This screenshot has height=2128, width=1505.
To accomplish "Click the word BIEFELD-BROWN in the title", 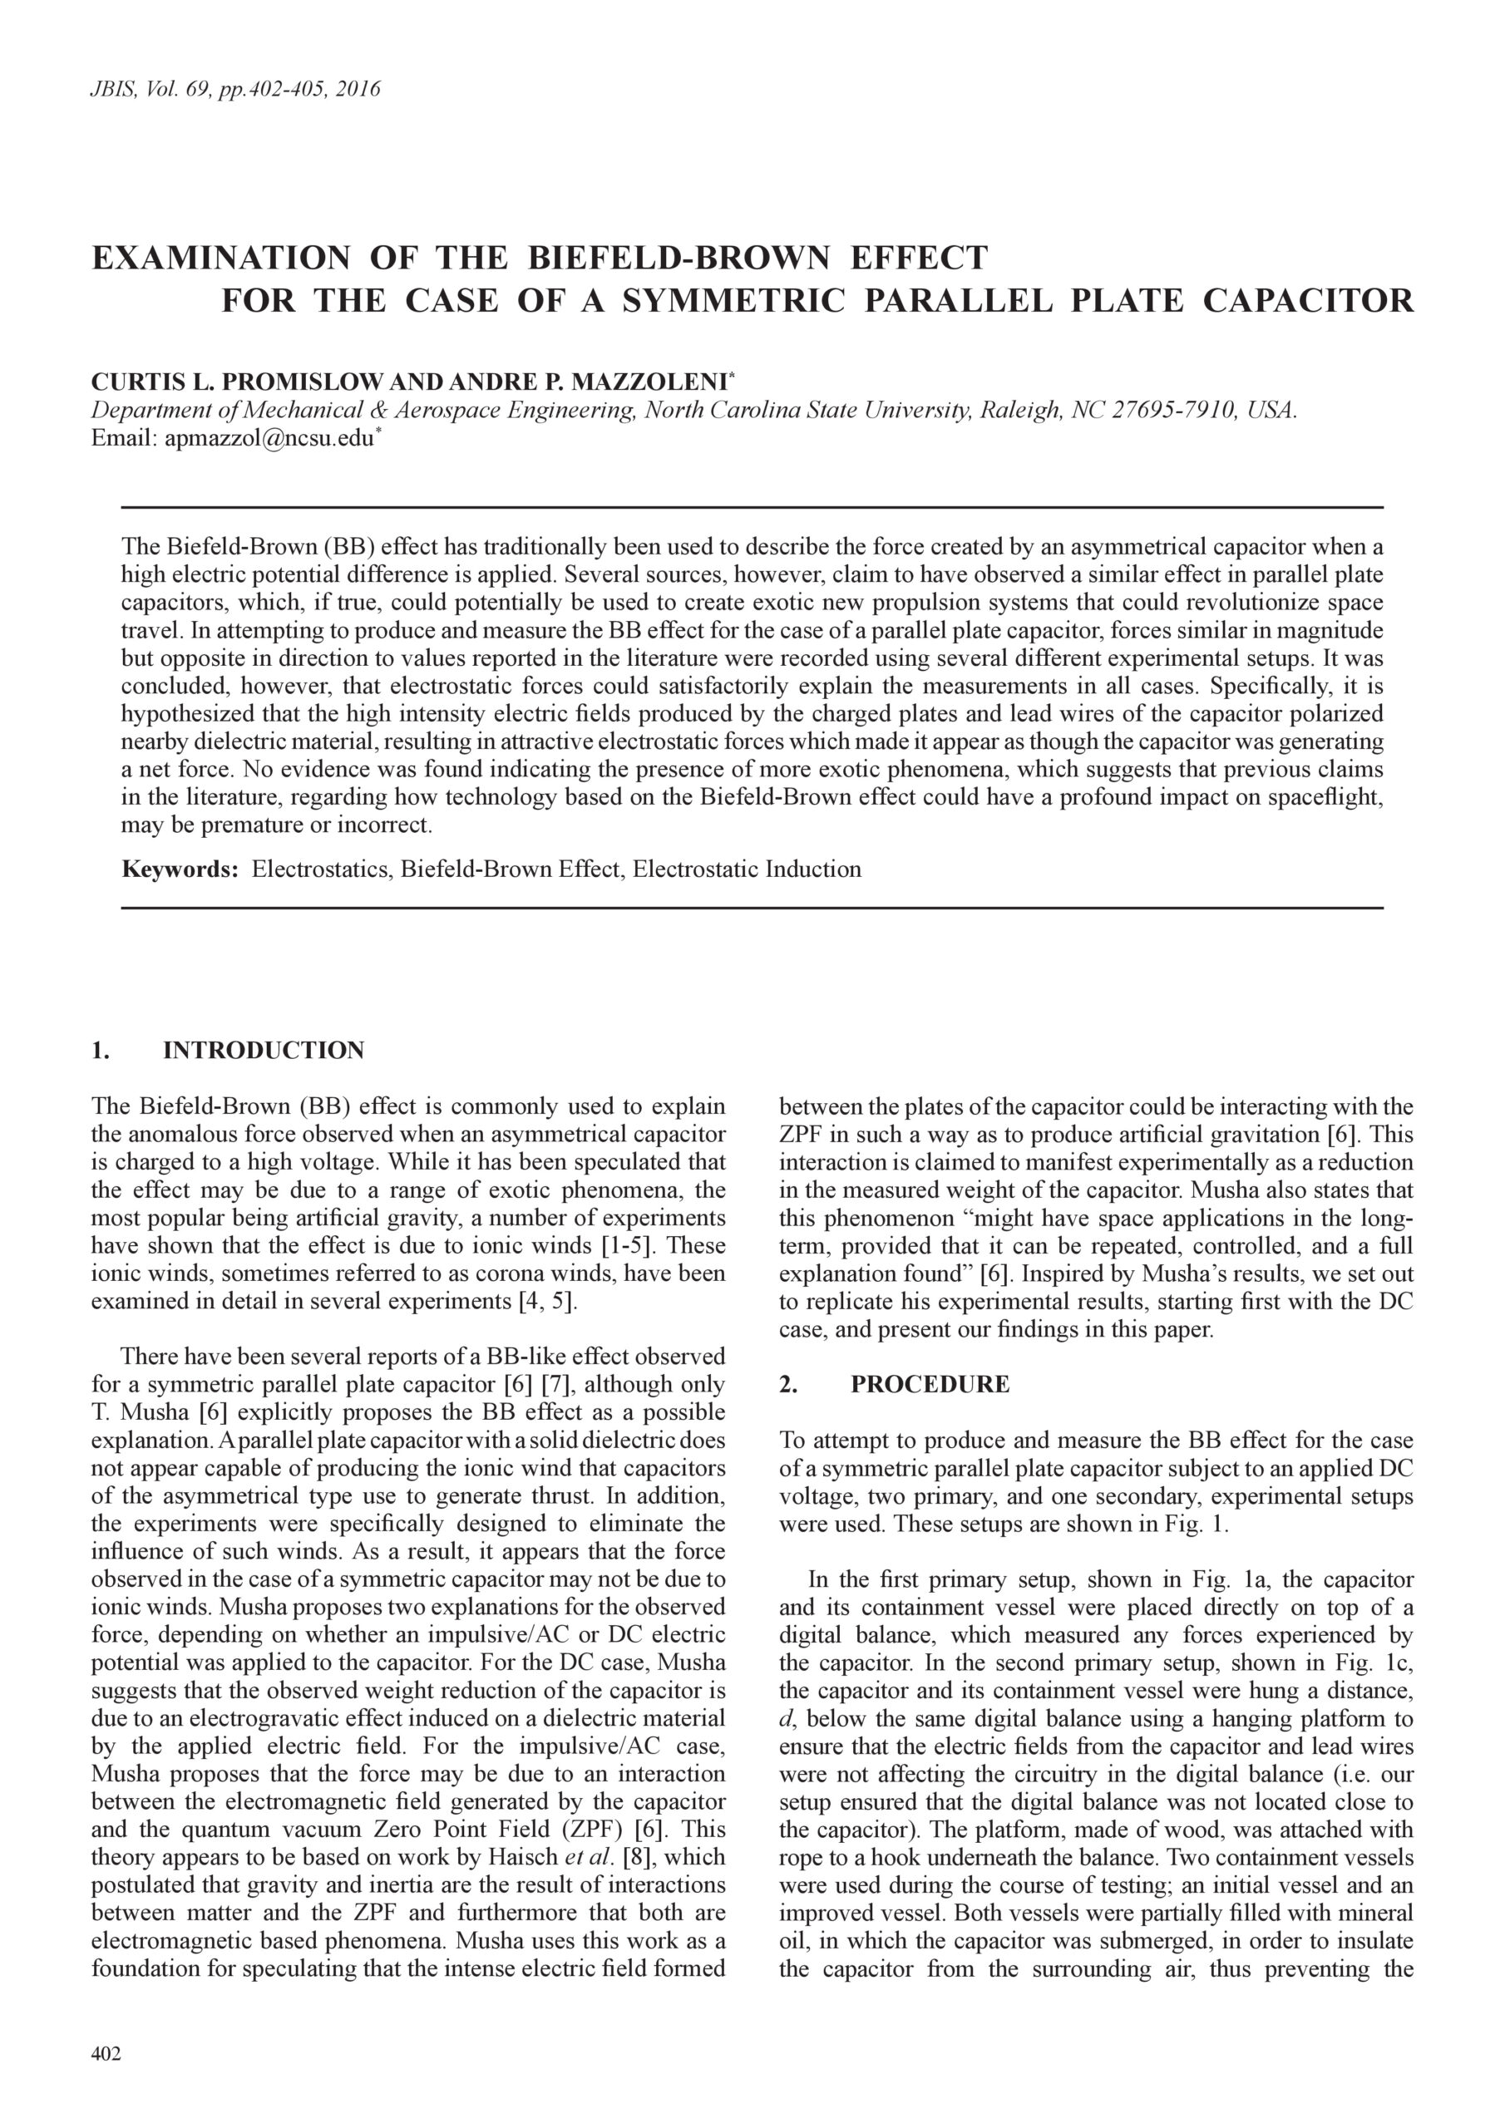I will point(678,257).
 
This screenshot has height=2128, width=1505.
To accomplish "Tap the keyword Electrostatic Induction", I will point(747,869).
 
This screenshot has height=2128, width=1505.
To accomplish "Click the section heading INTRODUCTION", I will point(264,1050).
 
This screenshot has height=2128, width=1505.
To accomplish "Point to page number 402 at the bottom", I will point(106,2055).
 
